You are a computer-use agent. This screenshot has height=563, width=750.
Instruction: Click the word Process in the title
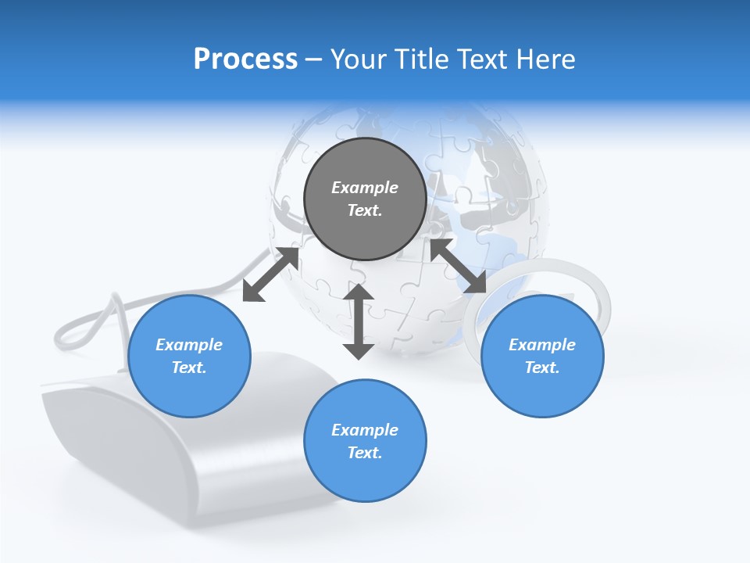pos(245,59)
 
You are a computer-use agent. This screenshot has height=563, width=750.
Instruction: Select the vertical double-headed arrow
pos(359,321)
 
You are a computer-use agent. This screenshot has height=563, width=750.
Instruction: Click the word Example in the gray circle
pos(365,188)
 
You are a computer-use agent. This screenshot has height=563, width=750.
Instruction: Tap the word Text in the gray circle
pos(364,210)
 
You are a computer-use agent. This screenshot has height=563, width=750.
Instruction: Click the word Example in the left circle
pos(189,345)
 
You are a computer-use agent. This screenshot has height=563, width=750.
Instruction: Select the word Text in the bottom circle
pos(364,453)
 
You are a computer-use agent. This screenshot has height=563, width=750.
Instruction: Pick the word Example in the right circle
pos(542,345)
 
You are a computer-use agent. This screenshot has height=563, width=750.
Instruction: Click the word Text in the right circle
pos(541,368)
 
